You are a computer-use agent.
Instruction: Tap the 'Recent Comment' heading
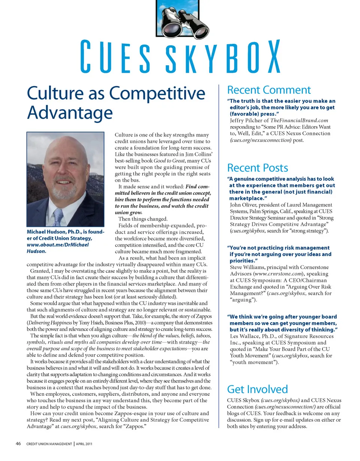click(x=269, y=90)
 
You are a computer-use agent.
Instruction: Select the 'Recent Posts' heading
click(x=258, y=168)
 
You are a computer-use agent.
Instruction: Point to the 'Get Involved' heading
click(x=257, y=389)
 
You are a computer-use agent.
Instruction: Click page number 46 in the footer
click(x=18, y=444)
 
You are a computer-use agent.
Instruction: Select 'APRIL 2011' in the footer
click(x=84, y=444)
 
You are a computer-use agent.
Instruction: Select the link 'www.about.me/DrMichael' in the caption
click(x=58, y=245)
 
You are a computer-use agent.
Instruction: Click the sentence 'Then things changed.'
click(x=143, y=219)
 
